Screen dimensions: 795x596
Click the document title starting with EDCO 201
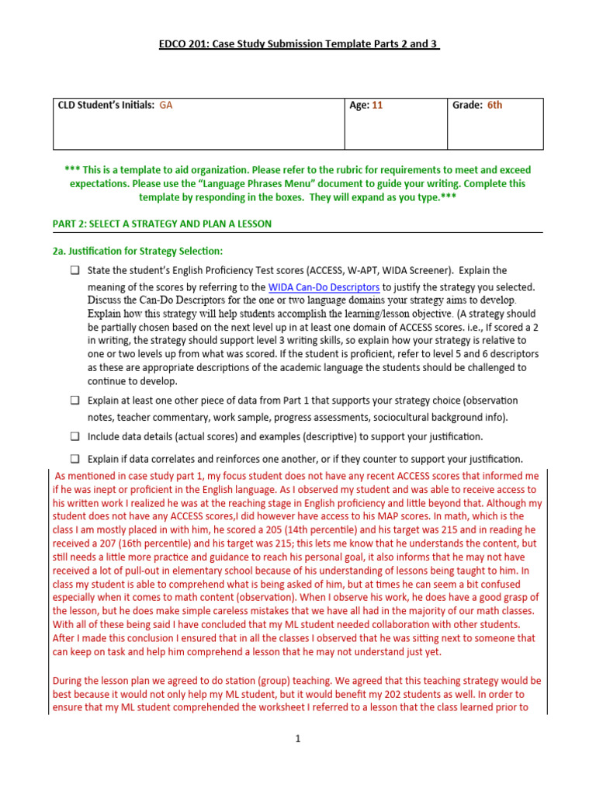point(298,44)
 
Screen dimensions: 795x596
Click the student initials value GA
point(166,106)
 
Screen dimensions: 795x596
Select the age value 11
point(377,106)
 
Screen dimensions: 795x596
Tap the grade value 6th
point(494,106)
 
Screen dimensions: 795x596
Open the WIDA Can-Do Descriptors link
point(324,287)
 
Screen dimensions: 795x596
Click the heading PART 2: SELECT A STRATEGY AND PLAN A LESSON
point(161,224)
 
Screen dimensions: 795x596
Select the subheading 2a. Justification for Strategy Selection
point(137,251)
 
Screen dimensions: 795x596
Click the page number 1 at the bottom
point(297,739)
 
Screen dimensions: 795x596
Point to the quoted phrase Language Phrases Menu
point(262,184)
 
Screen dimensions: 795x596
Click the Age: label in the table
point(359,106)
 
